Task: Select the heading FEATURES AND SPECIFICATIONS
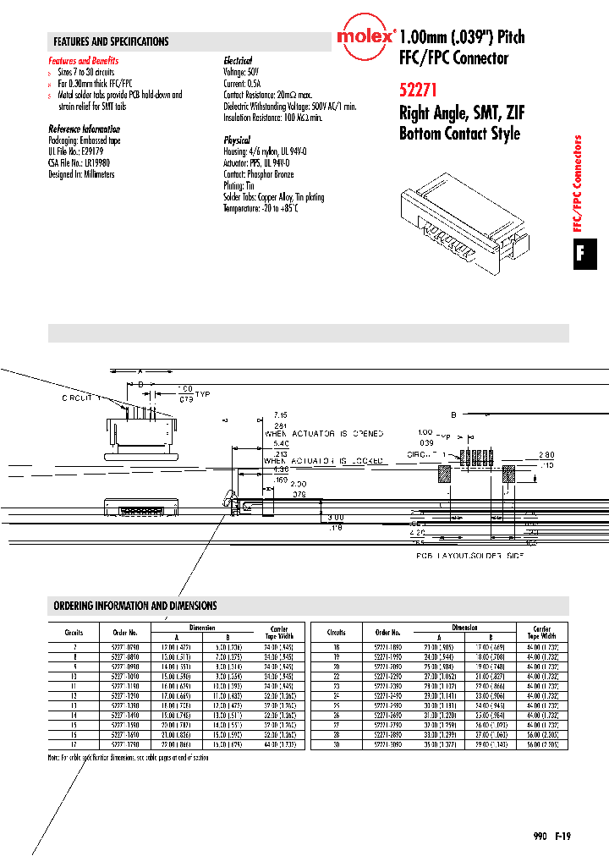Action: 111,41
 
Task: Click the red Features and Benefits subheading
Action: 84,61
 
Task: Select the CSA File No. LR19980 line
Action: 80,163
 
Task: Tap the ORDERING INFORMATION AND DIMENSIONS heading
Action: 135,606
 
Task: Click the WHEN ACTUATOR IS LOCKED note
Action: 324,461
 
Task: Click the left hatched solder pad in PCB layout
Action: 443,475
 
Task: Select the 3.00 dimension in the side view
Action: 336,516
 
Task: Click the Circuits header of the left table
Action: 73,632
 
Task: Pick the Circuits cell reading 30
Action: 336,746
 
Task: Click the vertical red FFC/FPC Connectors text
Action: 579,183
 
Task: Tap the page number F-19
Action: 563,836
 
